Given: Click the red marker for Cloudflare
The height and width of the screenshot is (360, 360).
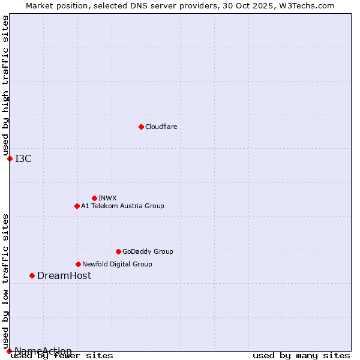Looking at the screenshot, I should pyautogui.click(x=141, y=127).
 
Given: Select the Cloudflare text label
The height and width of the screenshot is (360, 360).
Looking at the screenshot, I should pyautogui.click(x=161, y=127).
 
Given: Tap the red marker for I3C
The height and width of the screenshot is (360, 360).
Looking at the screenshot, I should pyautogui.click(x=10, y=158).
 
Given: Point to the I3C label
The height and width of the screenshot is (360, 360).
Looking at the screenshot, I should pyautogui.click(x=23, y=158).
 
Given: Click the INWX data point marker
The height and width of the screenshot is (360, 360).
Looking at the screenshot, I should pyautogui.click(x=94, y=198).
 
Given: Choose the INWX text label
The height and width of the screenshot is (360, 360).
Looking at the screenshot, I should pyautogui.click(x=107, y=198).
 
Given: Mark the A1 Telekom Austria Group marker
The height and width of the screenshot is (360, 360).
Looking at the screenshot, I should pyautogui.click(x=77, y=206).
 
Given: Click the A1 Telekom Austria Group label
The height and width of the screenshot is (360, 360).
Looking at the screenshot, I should pyautogui.click(x=122, y=206).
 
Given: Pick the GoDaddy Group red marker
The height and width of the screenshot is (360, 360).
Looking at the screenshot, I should pyautogui.click(x=118, y=251).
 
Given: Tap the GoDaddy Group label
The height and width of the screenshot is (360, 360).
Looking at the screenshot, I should pyautogui.click(x=148, y=251).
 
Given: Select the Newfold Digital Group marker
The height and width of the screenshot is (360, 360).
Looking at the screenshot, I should pyautogui.click(x=78, y=264).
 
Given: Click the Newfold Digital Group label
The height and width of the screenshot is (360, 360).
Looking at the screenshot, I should pyautogui.click(x=117, y=264).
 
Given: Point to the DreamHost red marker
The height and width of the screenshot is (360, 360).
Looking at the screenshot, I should pyautogui.click(x=32, y=275).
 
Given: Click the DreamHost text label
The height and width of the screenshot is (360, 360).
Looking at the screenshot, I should pyautogui.click(x=64, y=275).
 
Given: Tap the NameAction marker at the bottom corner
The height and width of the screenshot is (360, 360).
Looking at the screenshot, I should pyautogui.click(x=9, y=351).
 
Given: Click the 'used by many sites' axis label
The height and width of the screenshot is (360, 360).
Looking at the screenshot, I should pyautogui.click(x=301, y=355).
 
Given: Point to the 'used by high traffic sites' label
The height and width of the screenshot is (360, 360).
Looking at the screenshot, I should pyautogui.click(x=5, y=86).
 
